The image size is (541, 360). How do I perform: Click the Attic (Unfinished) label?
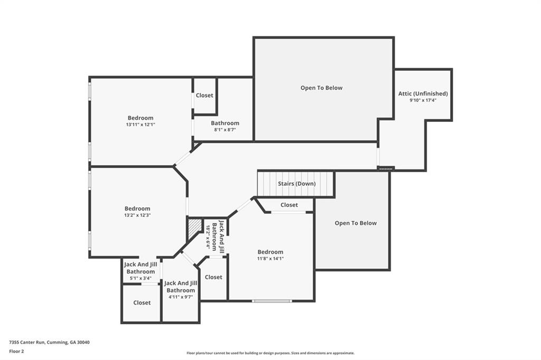click(423, 93)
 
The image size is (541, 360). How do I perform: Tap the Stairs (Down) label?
click(296, 184)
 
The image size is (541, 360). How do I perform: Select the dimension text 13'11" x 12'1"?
click(140, 125)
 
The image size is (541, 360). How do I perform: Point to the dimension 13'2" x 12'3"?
click(137, 215)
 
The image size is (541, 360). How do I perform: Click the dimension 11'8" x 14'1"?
click(270, 259)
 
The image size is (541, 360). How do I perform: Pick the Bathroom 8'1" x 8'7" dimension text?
click(225, 130)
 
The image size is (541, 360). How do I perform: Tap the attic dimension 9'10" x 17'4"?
click(423, 100)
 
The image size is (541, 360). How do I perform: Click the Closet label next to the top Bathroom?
click(204, 96)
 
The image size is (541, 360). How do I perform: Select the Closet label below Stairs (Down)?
click(289, 205)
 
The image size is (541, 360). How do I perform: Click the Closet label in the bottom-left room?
click(142, 303)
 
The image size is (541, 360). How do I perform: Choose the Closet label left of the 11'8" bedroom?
click(213, 277)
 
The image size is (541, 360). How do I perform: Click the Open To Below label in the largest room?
click(321, 88)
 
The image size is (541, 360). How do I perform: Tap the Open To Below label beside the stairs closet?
click(356, 223)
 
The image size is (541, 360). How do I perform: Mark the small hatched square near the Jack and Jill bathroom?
click(194, 229)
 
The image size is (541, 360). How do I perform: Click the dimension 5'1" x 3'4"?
click(140, 278)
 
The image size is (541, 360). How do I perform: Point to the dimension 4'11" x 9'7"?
click(181, 297)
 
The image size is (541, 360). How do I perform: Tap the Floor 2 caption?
click(16, 351)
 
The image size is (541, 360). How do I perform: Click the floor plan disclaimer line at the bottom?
click(270, 353)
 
